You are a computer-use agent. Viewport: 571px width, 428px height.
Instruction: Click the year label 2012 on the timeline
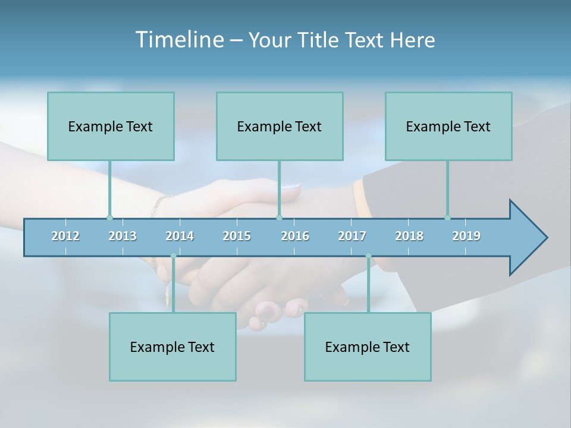(65, 236)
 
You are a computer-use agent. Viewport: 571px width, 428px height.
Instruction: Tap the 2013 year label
(123, 236)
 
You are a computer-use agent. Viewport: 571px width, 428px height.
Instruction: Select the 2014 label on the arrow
(180, 236)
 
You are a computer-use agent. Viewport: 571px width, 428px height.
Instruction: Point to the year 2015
(237, 236)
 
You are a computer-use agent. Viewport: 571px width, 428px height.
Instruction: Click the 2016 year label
(295, 236)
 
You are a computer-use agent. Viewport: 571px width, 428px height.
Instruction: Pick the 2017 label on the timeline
(352, 236)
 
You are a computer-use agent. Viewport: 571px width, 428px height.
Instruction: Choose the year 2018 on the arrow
(409, 236)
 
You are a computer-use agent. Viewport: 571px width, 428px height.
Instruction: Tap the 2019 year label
(466, 236)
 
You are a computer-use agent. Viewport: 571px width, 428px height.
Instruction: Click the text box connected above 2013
(111, 126)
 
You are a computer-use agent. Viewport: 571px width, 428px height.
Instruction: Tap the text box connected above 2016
(280, 126)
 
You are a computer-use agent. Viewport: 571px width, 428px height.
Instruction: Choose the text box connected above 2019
(448, 126)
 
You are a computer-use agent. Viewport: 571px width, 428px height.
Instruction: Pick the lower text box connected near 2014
(172, 347)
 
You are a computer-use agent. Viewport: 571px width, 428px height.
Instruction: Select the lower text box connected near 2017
(368, 347)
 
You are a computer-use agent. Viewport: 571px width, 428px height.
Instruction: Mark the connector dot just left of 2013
(109, 218)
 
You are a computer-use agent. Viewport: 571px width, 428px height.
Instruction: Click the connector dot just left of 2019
(447, 218)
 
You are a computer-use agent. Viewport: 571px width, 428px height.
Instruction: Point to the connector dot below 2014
(173, 256)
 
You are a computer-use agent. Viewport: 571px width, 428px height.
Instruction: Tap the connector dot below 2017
(368, 256)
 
